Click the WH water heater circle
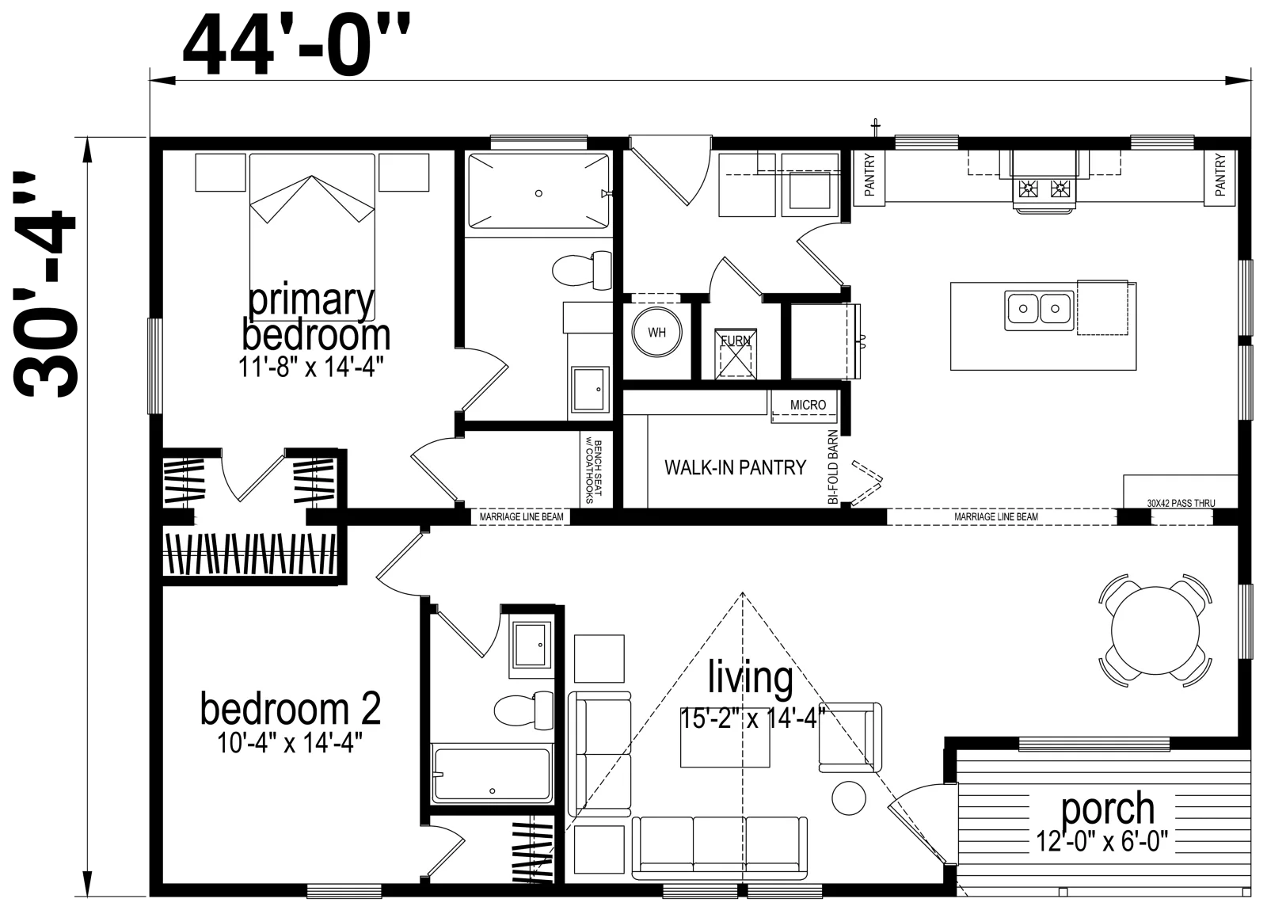click(x=656, y=333)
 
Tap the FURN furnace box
click(x=736, y=353)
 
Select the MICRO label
click(x=808, y=405)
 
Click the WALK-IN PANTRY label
click(x=735, y=467)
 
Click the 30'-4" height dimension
click(x=44, y=284)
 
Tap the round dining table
click(x=1155, y=630)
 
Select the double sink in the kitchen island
click(x=1039, y=310)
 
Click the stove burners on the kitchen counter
click(x=1045, y=188)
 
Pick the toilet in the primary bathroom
click(x=582, y=270)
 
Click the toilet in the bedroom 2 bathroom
click(x=523, y=710)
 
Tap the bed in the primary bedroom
click(x=312, y=237)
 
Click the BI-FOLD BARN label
click(x=832, y=467)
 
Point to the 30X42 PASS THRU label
click(x=1181, y=504)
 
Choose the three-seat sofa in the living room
click(x=720, y=847)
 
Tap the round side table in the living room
click(x=849, y=798)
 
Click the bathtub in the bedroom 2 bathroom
click(x=491, y=775)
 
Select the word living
click(x=751, y=678)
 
